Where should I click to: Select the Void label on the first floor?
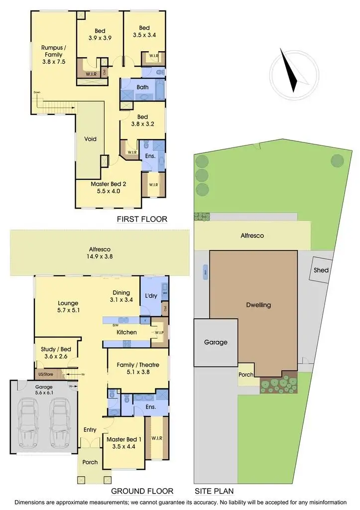point(90,139)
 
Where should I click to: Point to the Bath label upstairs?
point(143,88)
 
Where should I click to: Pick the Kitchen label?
point(126,332)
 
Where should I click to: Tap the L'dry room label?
point(151,296)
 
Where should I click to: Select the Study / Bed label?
point(55,353)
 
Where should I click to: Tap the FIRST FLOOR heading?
point(142,219)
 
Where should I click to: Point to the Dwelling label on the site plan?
point(259,305)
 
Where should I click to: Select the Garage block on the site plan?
point(216,343)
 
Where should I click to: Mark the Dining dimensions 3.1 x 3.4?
point(121,300)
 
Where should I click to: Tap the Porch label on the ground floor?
point(90,462)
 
